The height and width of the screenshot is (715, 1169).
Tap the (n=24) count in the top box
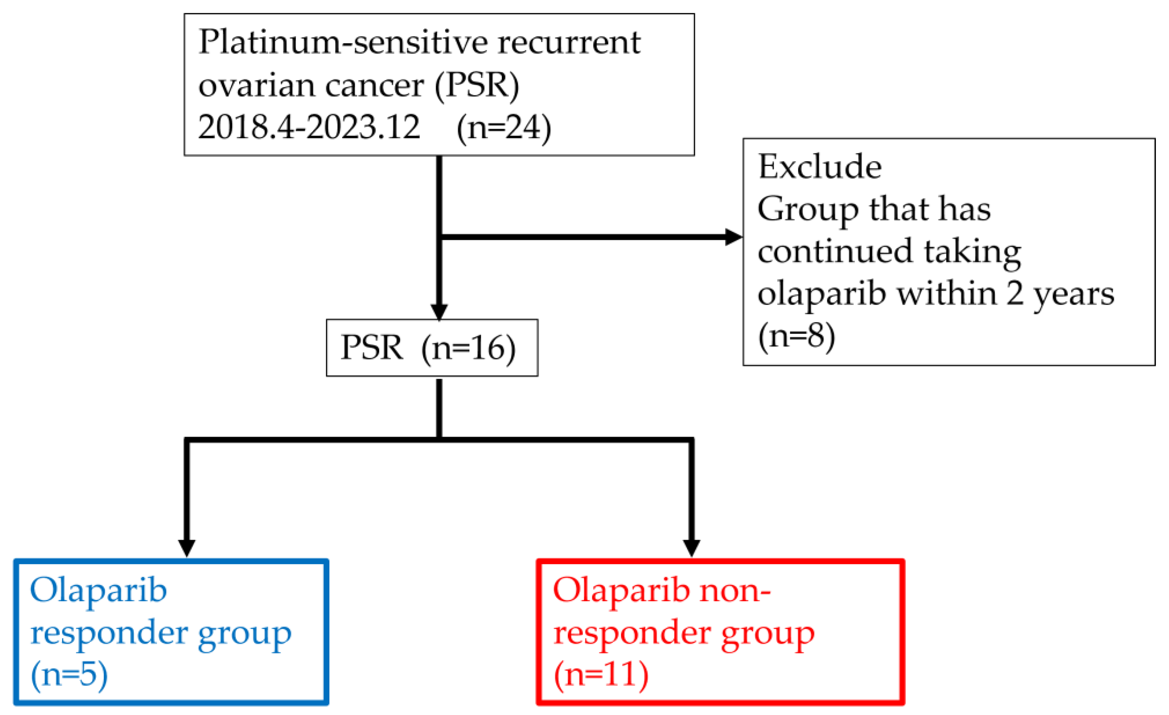point(503,127)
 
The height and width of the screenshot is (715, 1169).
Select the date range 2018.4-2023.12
point(309,127)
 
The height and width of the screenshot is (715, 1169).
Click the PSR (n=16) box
point(432,348)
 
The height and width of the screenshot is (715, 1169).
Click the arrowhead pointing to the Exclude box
point(734,237)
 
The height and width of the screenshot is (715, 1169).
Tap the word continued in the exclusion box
point(835,251)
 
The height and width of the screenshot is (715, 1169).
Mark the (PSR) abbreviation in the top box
point(477,85)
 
